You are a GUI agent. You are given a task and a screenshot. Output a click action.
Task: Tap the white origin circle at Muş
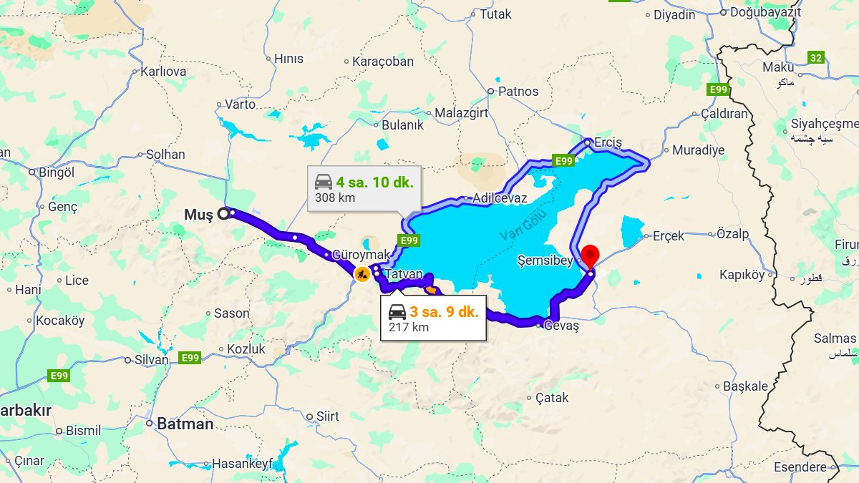pyautogui.click(x=223, y=213)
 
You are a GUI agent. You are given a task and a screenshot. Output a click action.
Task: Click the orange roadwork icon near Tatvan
pyautogui.click(x=362, y=273)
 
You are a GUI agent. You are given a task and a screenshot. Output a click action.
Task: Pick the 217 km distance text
pyautogui.click(x=408, y=327)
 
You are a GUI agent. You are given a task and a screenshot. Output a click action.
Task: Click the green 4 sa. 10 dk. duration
pyautogui.click(x=375, y=181)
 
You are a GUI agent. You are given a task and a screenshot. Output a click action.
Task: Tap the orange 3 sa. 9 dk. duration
pyautogui.click(x=443, y=311)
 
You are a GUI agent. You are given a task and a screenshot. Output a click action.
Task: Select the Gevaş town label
pyautogui.click(x=561, y=326)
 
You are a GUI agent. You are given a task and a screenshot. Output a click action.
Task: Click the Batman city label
pyautogui.click(x=185, y=424)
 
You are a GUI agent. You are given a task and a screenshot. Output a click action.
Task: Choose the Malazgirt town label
pyautogui.click(x=461, y=113)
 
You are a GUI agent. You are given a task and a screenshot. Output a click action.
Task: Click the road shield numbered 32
pyautogui.click(x=815, y=57)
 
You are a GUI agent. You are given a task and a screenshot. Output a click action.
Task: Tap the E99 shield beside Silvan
pyautogui.click(x=190, y=358)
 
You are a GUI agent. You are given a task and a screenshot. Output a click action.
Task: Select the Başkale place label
pyautogui.click(x=745, y=386)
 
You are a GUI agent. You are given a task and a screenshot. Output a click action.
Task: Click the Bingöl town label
pyautogui.click(x=56, y=172)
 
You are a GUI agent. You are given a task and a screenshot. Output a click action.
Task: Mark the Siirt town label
pyautogui.click(x=327, y=416)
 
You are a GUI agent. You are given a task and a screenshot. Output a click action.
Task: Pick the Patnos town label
pyautogui.click(x=518, y=91)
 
